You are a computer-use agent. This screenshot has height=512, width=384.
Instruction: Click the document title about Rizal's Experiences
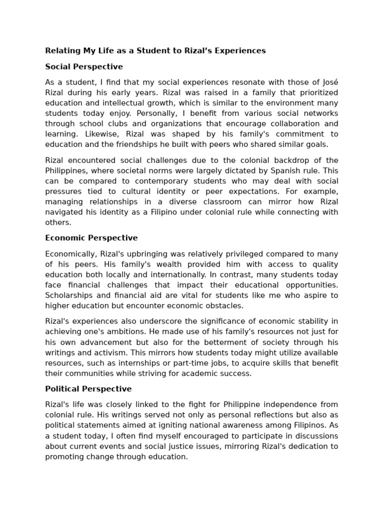[x=155, y=50]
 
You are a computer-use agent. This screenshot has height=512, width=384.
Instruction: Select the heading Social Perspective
[x=84, y=66]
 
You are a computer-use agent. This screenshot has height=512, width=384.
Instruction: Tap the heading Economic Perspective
[x=91, y=238]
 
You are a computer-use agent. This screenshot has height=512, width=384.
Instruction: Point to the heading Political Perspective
[x=88, y=388]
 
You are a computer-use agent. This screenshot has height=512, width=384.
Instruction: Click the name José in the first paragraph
[x=328, y=82]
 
